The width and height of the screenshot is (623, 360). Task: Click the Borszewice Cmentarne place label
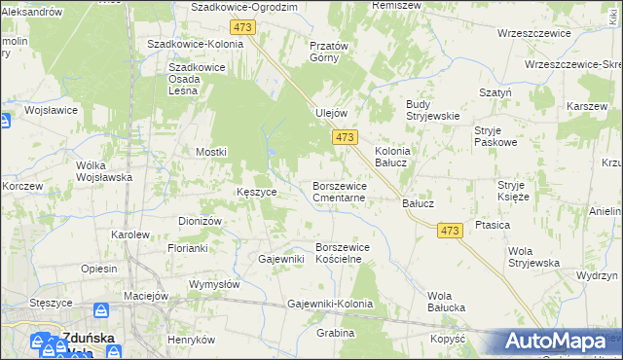click(x=338, y=190)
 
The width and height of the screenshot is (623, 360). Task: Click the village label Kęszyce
click(x=257, y=192)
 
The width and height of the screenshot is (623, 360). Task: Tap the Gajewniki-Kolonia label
click(x=331, y=304)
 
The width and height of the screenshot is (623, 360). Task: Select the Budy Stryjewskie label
click(x=432, y=110)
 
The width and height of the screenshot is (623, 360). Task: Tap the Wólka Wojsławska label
click(x=104, y=171)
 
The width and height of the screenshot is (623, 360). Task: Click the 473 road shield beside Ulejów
click(x=345, y=138)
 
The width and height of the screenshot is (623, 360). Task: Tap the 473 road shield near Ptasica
click(x=449, y=230)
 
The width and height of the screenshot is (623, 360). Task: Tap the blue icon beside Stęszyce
click(x=100, y=310)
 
